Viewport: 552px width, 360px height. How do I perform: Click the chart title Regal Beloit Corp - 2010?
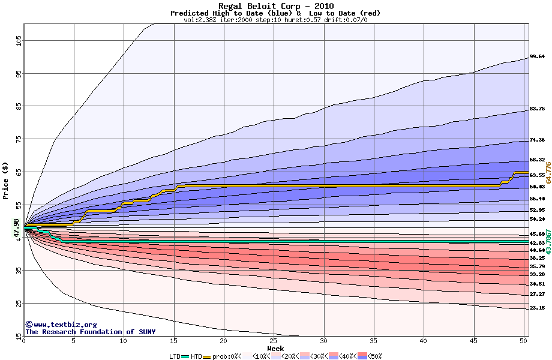click(275, 6)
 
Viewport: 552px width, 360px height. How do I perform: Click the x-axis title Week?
click(275, 348)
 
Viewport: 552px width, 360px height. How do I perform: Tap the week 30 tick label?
click(323, 340)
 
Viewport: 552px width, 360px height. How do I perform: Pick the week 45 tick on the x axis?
click(473, 340)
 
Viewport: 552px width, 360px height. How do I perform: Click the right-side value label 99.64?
click(537, 57)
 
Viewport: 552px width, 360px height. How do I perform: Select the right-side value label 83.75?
click(537, 109)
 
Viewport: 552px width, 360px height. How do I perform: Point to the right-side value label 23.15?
click(537, 308)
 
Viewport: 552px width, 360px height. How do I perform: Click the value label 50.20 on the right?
click(537, 220)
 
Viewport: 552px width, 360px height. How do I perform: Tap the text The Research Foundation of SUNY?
click(90, 332)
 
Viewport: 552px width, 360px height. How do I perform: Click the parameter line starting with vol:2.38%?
click(275, 20)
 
